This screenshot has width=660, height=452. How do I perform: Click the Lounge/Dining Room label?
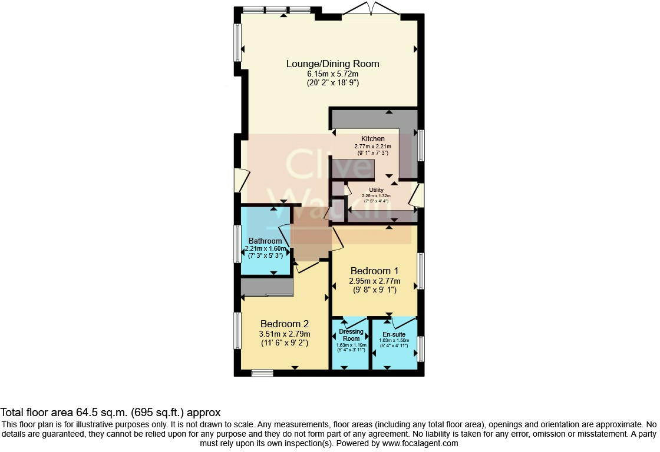pyautogui.click(x=332, y=64)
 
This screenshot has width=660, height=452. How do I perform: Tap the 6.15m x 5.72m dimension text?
pyautogui.click(x=332, y=74)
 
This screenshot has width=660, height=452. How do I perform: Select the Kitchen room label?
pyautogui.click(x=373, y=139)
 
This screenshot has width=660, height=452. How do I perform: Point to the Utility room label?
pyautogui.click(x=377, y=190)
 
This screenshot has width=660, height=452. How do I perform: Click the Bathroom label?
pyautogui.click(x=265, y=241)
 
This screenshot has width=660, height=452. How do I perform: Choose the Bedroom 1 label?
pyautogui.click(x=374, y=271)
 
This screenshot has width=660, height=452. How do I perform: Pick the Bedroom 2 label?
pyautogui.click(x=285, y=324)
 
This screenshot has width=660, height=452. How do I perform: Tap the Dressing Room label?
pyautogui.click(x=351, y=335)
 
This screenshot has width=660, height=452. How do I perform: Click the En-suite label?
pyautogui.click(x=394, y=335)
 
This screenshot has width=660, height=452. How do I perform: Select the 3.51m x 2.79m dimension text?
pyautogui.click(x=285, y=334)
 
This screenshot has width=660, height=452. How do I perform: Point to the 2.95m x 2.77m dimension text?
pyautogui.click(x=375, y=281)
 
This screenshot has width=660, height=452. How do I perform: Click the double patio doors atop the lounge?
pyautogui.click(x=371, y=9)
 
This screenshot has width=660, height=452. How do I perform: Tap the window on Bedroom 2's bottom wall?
pyautogui.click(x=262, y=373)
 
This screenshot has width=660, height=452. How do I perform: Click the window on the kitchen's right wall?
pyautogui.click(x=421, y=145)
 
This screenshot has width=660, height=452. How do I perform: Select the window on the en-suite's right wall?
pyautogui.click(x=421, y=349)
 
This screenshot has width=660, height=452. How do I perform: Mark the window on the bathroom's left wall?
pyautogui.click(x=237, y=244)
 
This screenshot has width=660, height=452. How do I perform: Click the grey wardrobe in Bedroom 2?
pyautogui.click(x=267, y=287)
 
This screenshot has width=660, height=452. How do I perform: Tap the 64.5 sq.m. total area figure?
pyautogui.click(x=101, y=412)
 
